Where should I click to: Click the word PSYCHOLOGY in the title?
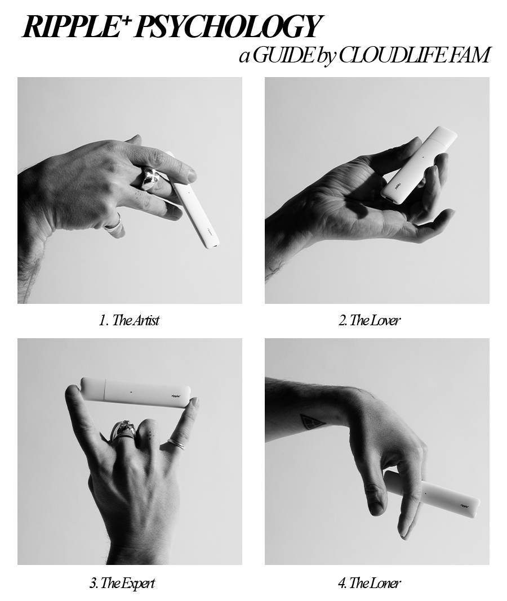pyautogui.click(x=227, y=27)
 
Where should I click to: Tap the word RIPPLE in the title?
pyautogui.click(x=70, y=27)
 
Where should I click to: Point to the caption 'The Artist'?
pyautogui.click(x=135, y=320)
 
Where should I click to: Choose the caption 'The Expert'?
pyautogui.click(x=128, y=584)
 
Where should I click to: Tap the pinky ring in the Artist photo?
pyautogui.click(x=114, y=225)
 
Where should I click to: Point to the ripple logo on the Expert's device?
pyautogui.click(x=176, y=395)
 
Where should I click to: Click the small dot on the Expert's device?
pyautogui.click(x=131, y=392)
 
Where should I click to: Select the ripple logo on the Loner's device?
pyautogui.click(x=465, y=505)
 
